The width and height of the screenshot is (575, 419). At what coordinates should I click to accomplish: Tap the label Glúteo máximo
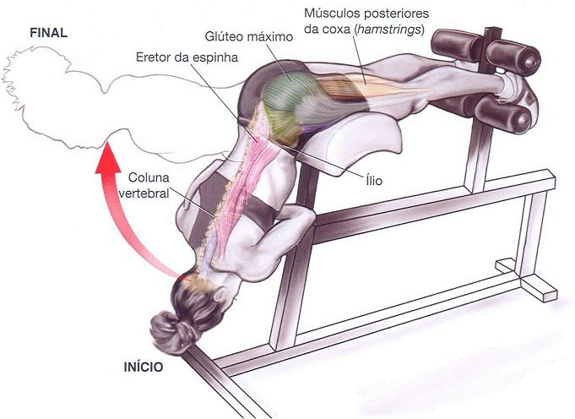[248, 38]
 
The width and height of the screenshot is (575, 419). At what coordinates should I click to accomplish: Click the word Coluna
[149, 178]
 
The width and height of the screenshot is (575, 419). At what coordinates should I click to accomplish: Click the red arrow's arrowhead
[107, 158]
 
